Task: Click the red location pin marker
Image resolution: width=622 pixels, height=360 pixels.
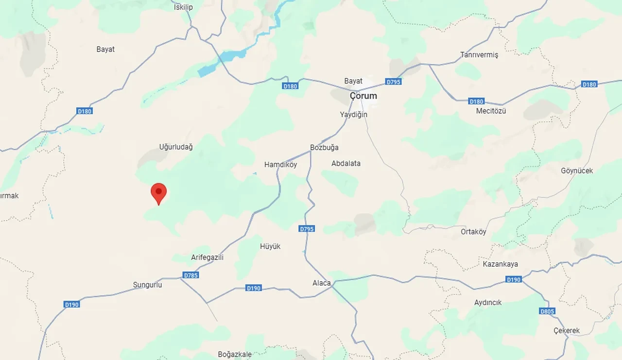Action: click(158, 193)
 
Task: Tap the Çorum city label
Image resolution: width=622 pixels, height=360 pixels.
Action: click(363, 96)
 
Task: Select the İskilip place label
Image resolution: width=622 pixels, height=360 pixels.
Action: click(183, 7)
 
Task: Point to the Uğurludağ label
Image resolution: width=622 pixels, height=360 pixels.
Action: click(176, 147)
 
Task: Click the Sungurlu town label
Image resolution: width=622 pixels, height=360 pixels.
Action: click(147, 285)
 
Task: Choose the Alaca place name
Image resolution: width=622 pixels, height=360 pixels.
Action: click(321, 283)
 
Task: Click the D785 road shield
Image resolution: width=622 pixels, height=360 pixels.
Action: click(191, 275)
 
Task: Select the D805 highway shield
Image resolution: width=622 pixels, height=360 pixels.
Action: click(547, 311)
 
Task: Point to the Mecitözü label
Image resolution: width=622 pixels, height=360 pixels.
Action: click(491, 111)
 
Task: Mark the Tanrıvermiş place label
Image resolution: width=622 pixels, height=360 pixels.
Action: click(479, 55)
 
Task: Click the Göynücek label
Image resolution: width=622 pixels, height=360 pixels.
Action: click(577, 171)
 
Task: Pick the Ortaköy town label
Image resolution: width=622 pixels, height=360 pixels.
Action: click(473, 232)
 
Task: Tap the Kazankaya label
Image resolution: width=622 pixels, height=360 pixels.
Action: click(500, 264)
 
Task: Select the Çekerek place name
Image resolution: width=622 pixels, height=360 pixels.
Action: click(567, 330)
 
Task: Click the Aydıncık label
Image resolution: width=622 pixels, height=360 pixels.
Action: click(487, 302)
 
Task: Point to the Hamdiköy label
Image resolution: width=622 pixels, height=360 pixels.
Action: click(280, 165)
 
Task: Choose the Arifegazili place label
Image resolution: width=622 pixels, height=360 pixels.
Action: click(207, 257)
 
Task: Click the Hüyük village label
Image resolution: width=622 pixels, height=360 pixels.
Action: click(270, 246)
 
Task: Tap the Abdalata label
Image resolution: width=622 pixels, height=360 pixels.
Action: click(346, 163)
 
